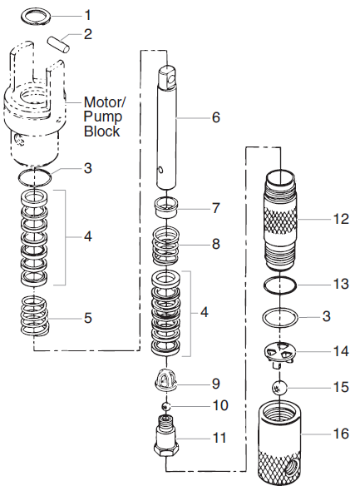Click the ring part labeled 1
click(x=33, y=16)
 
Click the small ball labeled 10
click(x=166, y=406)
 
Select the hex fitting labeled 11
click(x=167, y=434)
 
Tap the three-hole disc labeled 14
click(x=280, y=353)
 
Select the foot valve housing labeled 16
click(x=283, y=441)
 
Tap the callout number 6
click(x=215, y=117)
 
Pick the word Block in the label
click(x=101, y=131)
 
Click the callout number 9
click(x=215, y=384)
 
